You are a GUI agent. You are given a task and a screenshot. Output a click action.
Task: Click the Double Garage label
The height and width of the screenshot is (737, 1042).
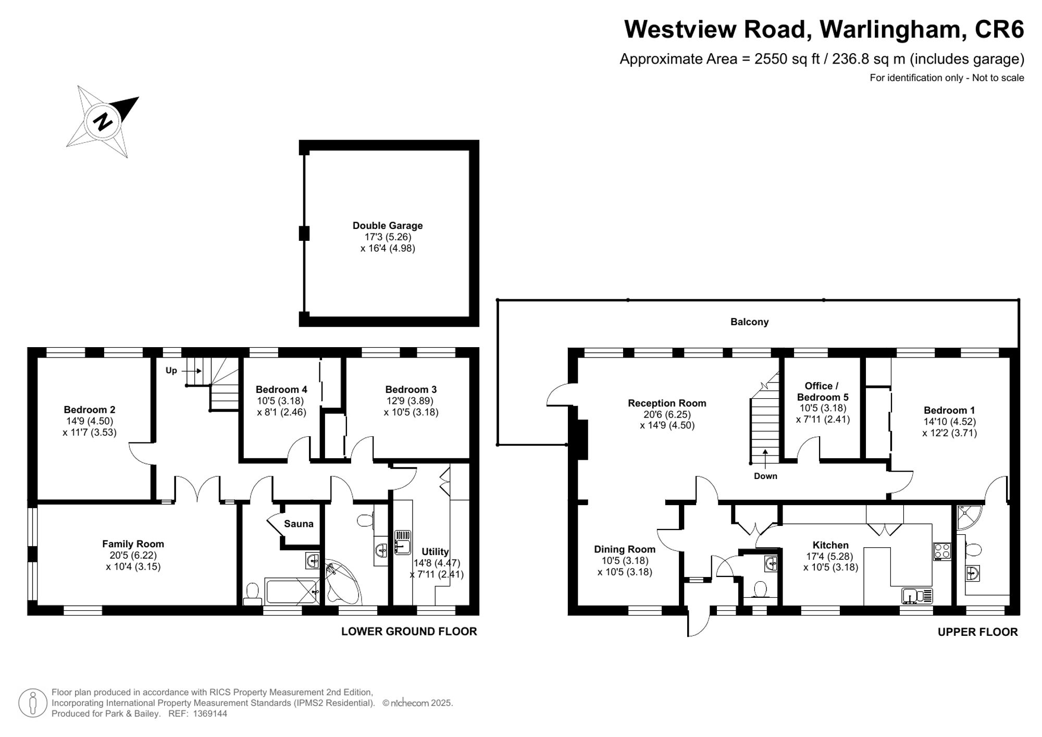(x=388, y=226)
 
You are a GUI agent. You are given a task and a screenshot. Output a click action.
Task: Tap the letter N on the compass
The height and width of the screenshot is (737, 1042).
(x=103, y=121)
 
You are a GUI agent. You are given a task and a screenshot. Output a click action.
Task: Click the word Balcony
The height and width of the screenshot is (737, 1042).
(x=749, y=322)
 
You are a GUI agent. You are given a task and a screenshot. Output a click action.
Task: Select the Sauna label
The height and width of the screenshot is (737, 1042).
(x=299, y=524)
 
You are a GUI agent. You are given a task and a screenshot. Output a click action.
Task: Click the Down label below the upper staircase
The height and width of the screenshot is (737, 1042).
(x=765, y=476)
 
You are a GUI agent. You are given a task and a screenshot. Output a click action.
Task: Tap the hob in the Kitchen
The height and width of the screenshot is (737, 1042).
(x=942, y=551)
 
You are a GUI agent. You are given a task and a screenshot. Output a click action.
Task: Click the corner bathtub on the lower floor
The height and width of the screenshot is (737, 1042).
(x=341, y=582)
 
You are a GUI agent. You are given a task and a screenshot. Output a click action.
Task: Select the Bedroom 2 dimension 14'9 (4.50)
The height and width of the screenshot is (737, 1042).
(x=90, y=421)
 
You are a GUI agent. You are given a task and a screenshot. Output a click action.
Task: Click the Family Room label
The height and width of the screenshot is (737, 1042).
(x=133, y=544)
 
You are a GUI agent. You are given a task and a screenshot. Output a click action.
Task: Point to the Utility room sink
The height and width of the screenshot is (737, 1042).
(x=402, y=542)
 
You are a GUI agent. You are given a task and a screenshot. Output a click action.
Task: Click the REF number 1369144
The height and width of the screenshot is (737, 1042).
(x=210, y=714)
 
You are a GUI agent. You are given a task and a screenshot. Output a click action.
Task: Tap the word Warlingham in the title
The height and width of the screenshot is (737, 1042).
(x=891, y=29)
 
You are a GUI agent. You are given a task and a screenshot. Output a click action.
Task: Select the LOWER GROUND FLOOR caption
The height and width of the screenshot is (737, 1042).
(x=409, y=631)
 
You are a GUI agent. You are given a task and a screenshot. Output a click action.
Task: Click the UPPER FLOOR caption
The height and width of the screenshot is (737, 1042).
(x=977, y=632)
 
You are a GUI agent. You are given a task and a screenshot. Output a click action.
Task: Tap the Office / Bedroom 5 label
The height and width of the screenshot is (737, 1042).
(x=822, y=391)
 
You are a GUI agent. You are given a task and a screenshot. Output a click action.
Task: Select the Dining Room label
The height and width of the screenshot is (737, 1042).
(x=625, y=549)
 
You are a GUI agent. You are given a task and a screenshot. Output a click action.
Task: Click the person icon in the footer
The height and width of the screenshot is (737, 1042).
(x=33, y=703)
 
